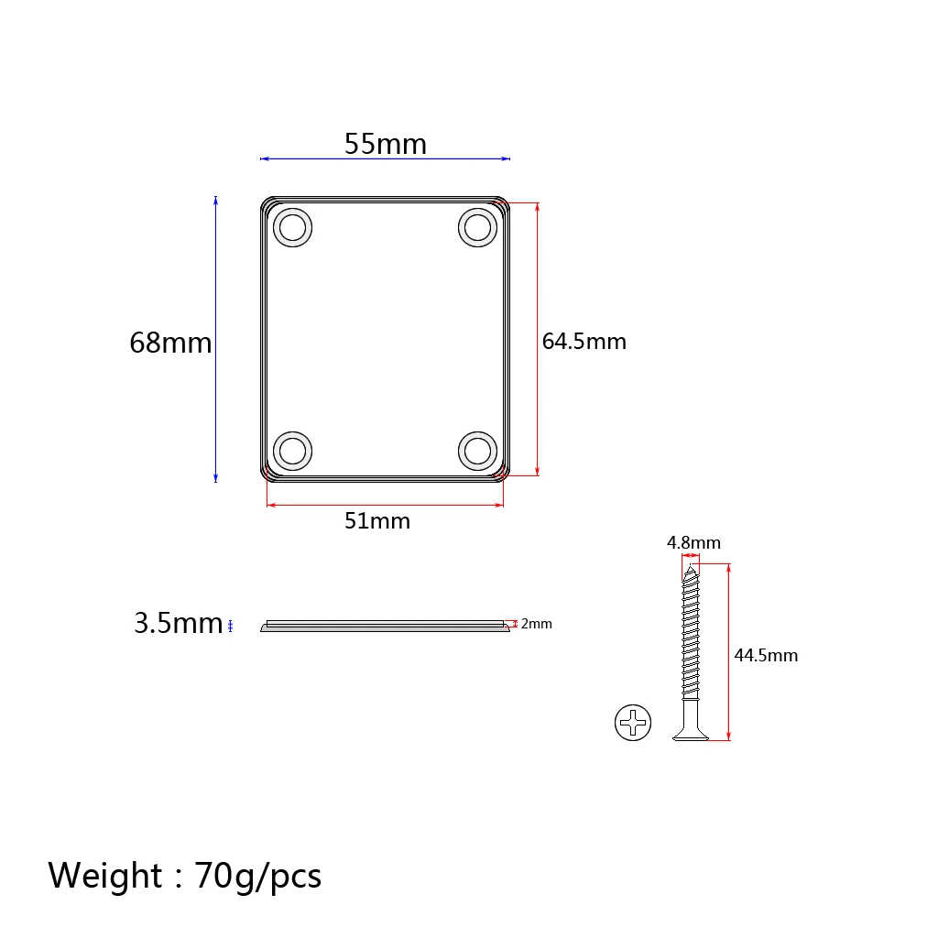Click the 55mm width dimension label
tap(386, 144)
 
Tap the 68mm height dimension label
tap(170, 343)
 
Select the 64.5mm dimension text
tap(584, 341)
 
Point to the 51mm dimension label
tap(376, 521)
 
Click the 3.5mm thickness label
tap(179, 623)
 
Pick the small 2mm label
tap(536, 624)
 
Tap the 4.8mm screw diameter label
tap(693, 542)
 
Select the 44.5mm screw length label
tap(766, 655)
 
